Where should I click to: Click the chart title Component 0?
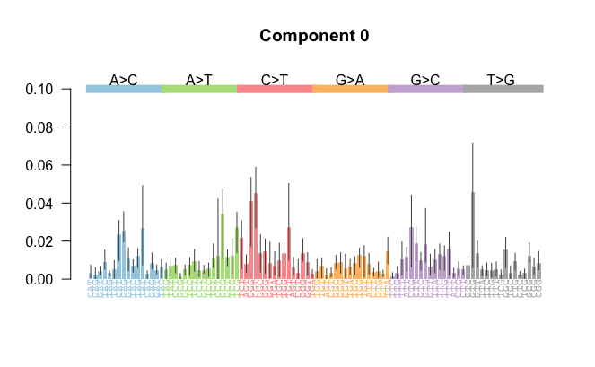(x=314, y=37)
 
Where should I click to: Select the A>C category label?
(x=124, y=80)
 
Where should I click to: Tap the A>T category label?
(x=199, y=80)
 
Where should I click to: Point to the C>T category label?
(x=275, y=80)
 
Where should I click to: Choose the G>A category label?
(x=350, y=80)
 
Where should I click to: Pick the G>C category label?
(x=425, y=80)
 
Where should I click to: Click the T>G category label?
(x=501, y=80)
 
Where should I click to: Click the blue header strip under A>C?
(x=124, y=89)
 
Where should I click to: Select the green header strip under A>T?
(x=199, y=89)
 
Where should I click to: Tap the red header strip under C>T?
(x=275, y=89)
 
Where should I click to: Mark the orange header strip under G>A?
(x=350, y=89)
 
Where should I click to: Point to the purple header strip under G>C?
(x=425, y=89)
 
